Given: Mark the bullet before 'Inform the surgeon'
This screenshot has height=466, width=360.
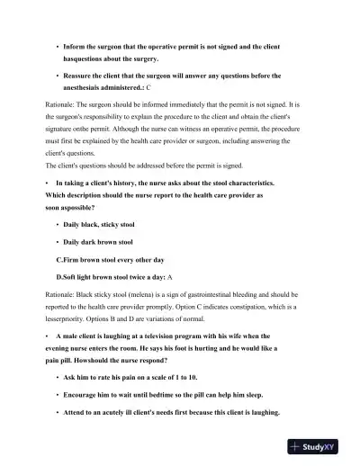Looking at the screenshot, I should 57,44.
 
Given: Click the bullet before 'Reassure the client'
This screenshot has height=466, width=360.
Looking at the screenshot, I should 57,76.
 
